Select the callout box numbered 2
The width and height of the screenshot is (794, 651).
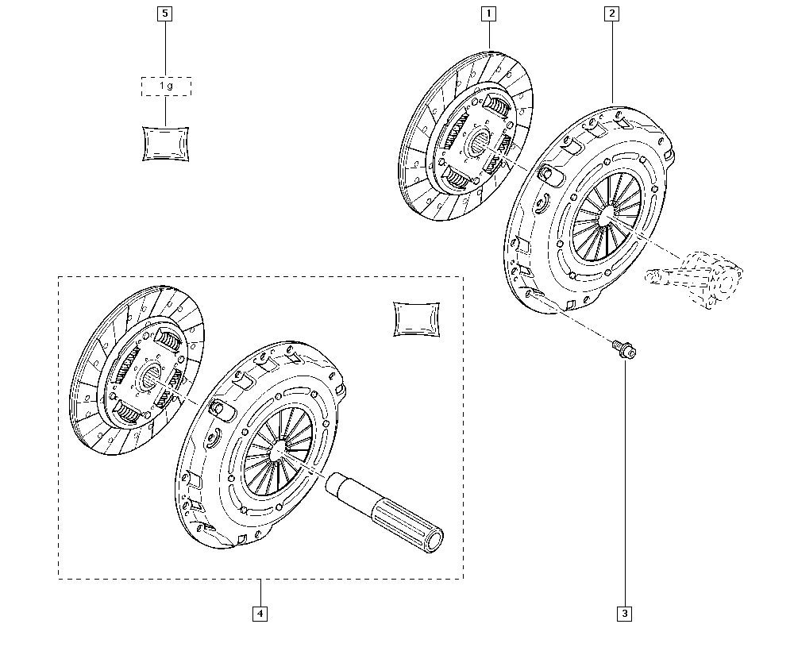pyautogui.click(x=611, y=13)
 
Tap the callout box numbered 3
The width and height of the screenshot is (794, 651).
pyautogui.click(x=624, y=613)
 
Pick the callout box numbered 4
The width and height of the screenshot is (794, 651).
pyautogui.click(x=260, y=613)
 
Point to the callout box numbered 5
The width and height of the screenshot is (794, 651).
pyautogui.click(x=165, y=13)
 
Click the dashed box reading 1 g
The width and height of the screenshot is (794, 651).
pyautogui.click(x=165, y=86)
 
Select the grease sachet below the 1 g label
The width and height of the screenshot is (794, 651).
pyautogui.click(x=165, y=143)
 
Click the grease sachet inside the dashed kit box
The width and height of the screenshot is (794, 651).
pyautogui.click(x=417, y=318)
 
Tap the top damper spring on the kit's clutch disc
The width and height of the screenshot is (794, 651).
pyautogui.click(x=169, y=340)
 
